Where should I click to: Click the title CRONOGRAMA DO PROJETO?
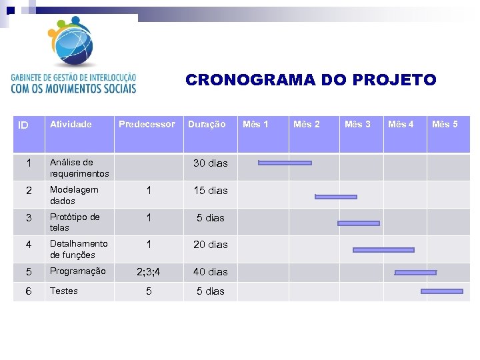coord(311,80)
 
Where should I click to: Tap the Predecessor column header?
coord(147,124)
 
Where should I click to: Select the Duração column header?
coord(207,124)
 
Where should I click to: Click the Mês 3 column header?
coord(357,124)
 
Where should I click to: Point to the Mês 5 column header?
coord(445,124)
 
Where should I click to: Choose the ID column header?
coord(23,125)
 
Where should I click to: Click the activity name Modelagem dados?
coord(74,195)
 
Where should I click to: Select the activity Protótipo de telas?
coord(75,222)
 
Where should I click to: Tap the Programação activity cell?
coord(77,271)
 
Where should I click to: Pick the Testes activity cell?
coord(64,291)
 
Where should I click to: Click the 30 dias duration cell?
coord(210,163)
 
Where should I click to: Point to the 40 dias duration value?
coord(210,272)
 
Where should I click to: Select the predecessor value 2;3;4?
coord(148,272)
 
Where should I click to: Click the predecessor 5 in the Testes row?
coord(149,291)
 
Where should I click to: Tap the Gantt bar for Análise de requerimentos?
coord(285,163)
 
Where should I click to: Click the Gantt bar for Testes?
coord(441,291)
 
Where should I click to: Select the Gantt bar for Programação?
coord(415,272)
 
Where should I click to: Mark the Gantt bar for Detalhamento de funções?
coord(383,250)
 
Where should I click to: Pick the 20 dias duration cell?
coord(210,245)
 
